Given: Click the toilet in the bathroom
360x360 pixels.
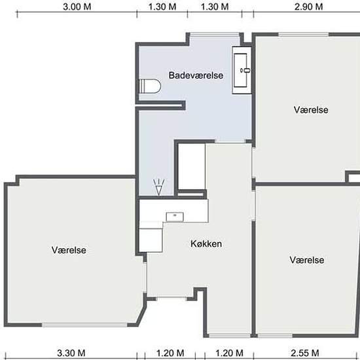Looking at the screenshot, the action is point(150,86).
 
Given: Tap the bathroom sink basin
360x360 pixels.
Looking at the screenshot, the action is point(240,70).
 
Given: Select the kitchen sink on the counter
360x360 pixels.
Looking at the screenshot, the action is point(175,217).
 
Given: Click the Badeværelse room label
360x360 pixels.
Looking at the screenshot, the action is point(196,75).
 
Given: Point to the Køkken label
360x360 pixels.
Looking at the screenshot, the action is point(206,243).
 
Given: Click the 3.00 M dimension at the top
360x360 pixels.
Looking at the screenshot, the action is point(77,7).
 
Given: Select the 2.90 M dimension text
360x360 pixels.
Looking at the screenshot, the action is point(308,7).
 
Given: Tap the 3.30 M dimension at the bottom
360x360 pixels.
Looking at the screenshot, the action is point(71,353).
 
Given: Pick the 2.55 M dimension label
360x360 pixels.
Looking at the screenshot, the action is point(305,353).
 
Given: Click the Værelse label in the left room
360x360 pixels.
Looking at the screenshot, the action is point(69,250).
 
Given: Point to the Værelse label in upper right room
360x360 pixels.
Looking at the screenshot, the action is point(311,110).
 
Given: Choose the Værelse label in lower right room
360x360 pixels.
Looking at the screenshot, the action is point(307,260).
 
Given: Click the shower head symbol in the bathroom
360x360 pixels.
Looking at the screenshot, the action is point(159,187).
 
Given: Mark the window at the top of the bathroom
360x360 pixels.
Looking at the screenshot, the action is point(215,35).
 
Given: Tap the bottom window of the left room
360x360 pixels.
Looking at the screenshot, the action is point(84,325).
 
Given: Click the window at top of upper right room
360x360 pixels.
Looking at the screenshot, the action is point(304,35).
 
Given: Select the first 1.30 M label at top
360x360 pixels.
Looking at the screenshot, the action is point(162,7).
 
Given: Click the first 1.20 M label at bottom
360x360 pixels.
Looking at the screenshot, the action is point(170,353).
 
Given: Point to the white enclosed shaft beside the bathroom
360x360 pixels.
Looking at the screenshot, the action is point(192,166).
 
